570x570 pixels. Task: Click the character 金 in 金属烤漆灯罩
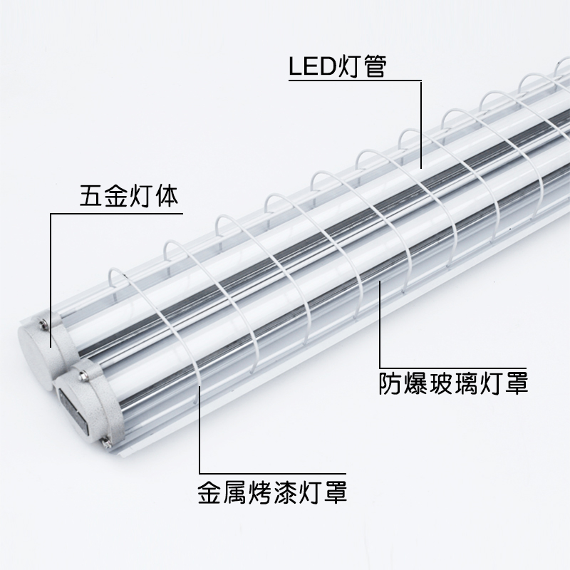(211, 492)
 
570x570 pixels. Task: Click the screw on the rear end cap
(44, 325)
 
